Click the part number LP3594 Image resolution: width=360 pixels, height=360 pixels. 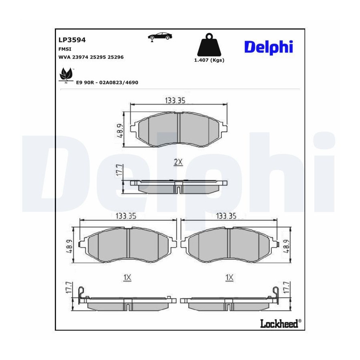(72, 40)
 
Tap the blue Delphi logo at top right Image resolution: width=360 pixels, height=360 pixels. (269, 47)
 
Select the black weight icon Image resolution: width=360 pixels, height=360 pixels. (209, 45)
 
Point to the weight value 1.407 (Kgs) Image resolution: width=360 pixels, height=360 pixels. (209, 60)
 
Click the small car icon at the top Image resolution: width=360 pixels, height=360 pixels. (160, 37)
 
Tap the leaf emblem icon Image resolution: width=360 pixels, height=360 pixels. (66, 75)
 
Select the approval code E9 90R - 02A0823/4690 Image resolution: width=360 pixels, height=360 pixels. (107, 83)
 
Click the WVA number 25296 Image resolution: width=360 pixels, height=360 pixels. (116, 57)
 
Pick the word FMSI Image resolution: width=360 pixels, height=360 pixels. (65, 49)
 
